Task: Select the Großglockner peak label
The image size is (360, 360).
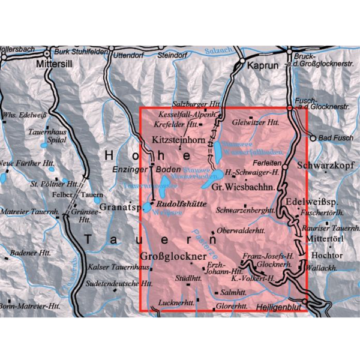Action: [x=174, y=256]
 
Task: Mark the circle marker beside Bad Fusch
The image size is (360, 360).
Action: [x=313, y=138]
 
